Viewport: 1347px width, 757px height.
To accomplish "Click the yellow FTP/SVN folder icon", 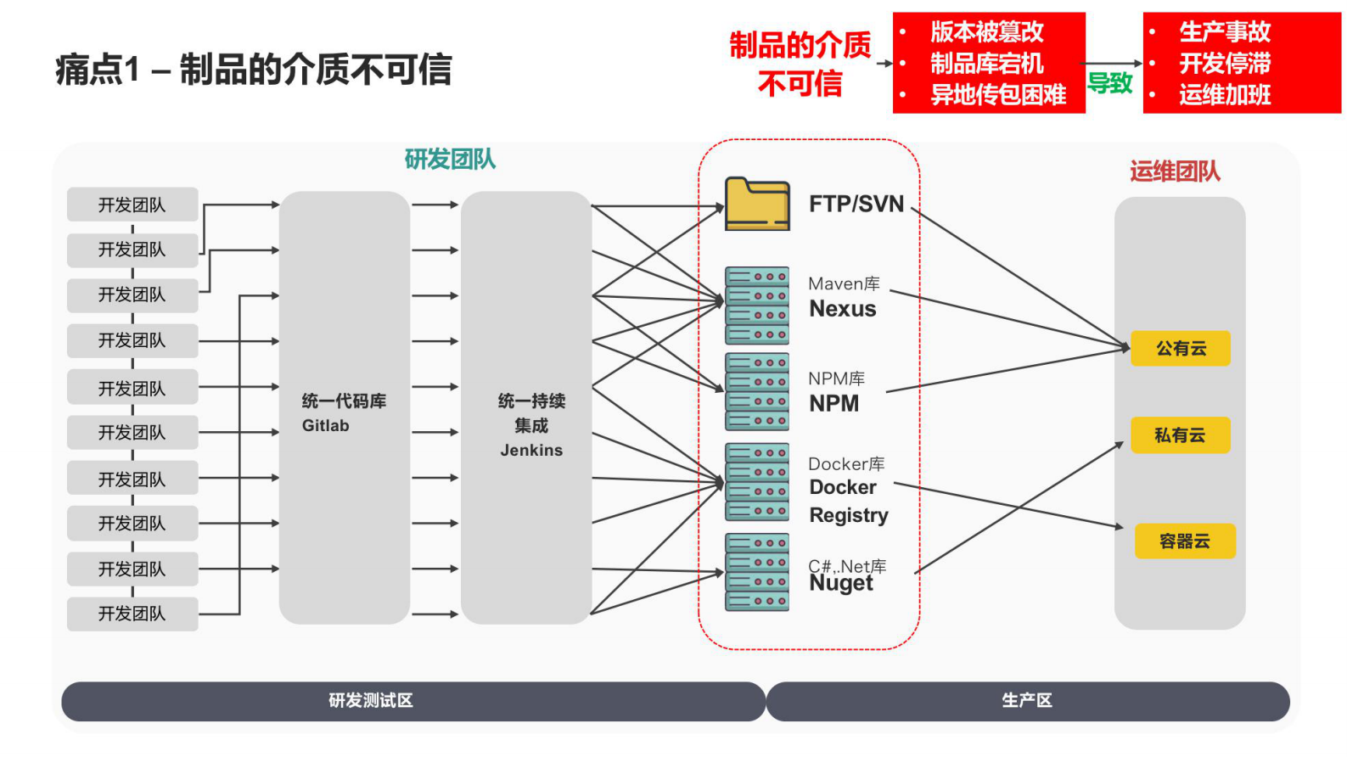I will [757, 205].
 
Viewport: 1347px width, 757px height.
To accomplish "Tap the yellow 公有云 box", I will [1180, 348].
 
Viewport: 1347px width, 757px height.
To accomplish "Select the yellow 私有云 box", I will [1180, 435].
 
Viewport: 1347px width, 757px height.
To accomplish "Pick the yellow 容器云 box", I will [1185, 541].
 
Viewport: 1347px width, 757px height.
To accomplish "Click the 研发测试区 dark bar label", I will [371, 701].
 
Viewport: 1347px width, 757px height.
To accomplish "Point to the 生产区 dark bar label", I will [1027, 701].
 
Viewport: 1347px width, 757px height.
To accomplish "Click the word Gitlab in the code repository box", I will [326, 426].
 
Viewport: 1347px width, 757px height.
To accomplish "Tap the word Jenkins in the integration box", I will [531, 451].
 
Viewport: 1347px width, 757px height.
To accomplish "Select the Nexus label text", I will [843, 309].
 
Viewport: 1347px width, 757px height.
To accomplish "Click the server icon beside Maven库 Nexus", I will [757, 306].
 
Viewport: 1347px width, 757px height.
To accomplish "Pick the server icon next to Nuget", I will [757, 572].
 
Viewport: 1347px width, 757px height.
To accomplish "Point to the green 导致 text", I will [1110, 83].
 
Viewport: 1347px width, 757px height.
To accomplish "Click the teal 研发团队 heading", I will [450, 160].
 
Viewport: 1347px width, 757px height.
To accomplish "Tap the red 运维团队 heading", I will [1175, 171].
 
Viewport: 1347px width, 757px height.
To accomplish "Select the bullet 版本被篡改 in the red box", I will [987, 32].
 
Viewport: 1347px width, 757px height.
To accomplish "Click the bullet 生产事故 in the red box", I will [1225, 32].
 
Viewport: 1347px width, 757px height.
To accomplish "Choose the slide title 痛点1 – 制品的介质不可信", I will [254, 70].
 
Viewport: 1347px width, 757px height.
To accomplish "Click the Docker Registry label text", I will [849, 501].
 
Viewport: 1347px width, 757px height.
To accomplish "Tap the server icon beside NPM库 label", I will [757, 392].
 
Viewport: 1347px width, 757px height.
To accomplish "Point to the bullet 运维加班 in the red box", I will [1225, 95].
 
